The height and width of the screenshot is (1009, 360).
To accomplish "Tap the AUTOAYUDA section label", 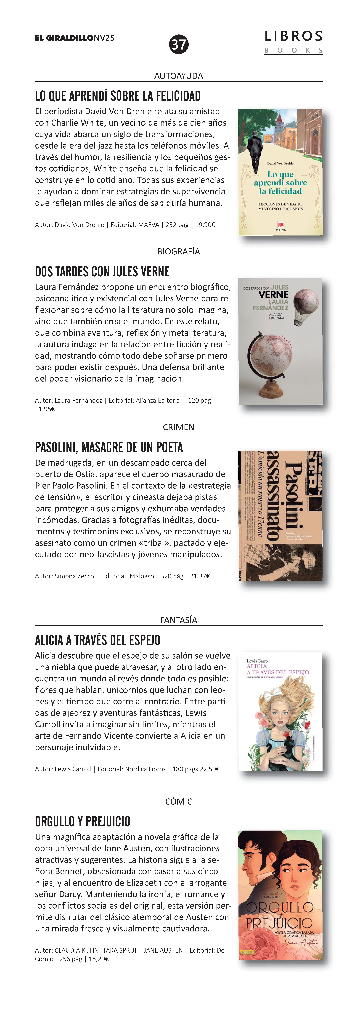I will pos(179,76).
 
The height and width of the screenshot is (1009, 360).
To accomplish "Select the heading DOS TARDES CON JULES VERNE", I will pos(102,271).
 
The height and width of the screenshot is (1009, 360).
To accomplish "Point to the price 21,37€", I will pos(200,576).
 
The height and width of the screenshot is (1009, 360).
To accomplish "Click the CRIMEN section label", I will pos(179,427).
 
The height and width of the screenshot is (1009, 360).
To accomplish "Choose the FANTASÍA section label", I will pos(179,620).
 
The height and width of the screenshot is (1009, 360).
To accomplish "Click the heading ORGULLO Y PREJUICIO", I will pos(83,821).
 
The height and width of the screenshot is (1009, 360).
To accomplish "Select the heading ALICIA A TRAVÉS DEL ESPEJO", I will pos(98,640).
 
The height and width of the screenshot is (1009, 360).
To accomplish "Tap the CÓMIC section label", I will pos(179,801).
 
